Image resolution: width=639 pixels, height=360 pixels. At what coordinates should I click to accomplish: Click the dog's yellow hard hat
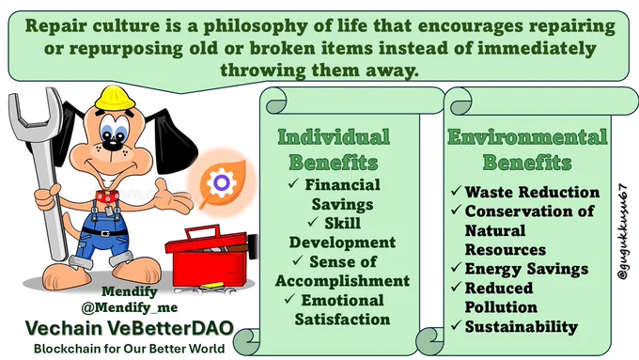pyautogui.click(x=115, y=98)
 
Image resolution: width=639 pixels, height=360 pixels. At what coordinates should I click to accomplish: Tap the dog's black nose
pyautogui.click(x=110, y=144)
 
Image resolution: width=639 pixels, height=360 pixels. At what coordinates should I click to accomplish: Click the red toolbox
pyautogui.click(x=209, y=256)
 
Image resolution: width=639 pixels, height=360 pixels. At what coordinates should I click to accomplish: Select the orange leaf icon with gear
pyautogui.click(x=222, y=184)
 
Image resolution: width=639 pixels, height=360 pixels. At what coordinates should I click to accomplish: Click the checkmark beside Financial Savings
pyautogui.click(x=293, y=183)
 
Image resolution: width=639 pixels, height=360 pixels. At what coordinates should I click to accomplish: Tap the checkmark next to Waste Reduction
pyautogui.click(x=456, y=191)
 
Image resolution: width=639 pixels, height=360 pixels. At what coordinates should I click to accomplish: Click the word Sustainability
pyautogui.click(x=522, y=326)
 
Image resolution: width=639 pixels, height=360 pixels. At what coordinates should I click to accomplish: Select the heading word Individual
pyautogui.click(x=334, y=137)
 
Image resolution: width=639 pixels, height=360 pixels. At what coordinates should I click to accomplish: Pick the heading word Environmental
pyautogui.click(x=527, y=136)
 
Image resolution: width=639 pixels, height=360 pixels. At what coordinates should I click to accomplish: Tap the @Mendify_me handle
pyautogui.click(x=130, y=307)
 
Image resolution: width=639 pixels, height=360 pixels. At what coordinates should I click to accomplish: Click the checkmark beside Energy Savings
pyautogui.click(x=456, y=268)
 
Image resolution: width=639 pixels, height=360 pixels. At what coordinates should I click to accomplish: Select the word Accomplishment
pyautogui.click(x=342, y=281)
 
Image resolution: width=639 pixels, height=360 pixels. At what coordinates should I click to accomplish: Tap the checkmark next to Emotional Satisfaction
pyautogui.click(x=289, y=299)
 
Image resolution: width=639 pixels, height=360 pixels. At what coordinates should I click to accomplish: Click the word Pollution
pyautogui.click(x=501, y=307)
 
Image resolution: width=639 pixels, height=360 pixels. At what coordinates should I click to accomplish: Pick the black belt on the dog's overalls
pyautogui.click(x=104, y=233)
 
